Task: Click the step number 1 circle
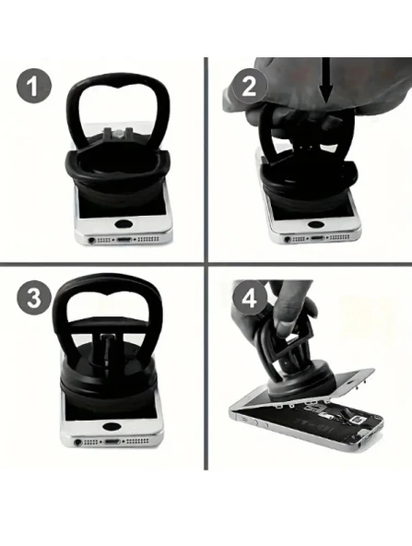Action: (x=34, y=86)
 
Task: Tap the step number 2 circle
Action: (x=250, y=86)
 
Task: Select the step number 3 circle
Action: (x=34, y=298)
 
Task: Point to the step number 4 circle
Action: (x=250, y=298)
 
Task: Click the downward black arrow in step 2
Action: (x=326, y=80)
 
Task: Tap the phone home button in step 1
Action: (x=123, y=224)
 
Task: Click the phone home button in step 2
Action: (x=315, y=224)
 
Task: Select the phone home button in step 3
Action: (x=111, y=426)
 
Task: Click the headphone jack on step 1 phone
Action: (x=92, y=240)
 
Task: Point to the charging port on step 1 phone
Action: (x=124, y=240)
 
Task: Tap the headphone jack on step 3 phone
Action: (x=78, y=442)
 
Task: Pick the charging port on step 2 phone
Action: (x=317, y=238)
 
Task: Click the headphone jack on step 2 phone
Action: (x=288, y=239)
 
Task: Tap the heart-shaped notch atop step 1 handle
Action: (x=118, y=85)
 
